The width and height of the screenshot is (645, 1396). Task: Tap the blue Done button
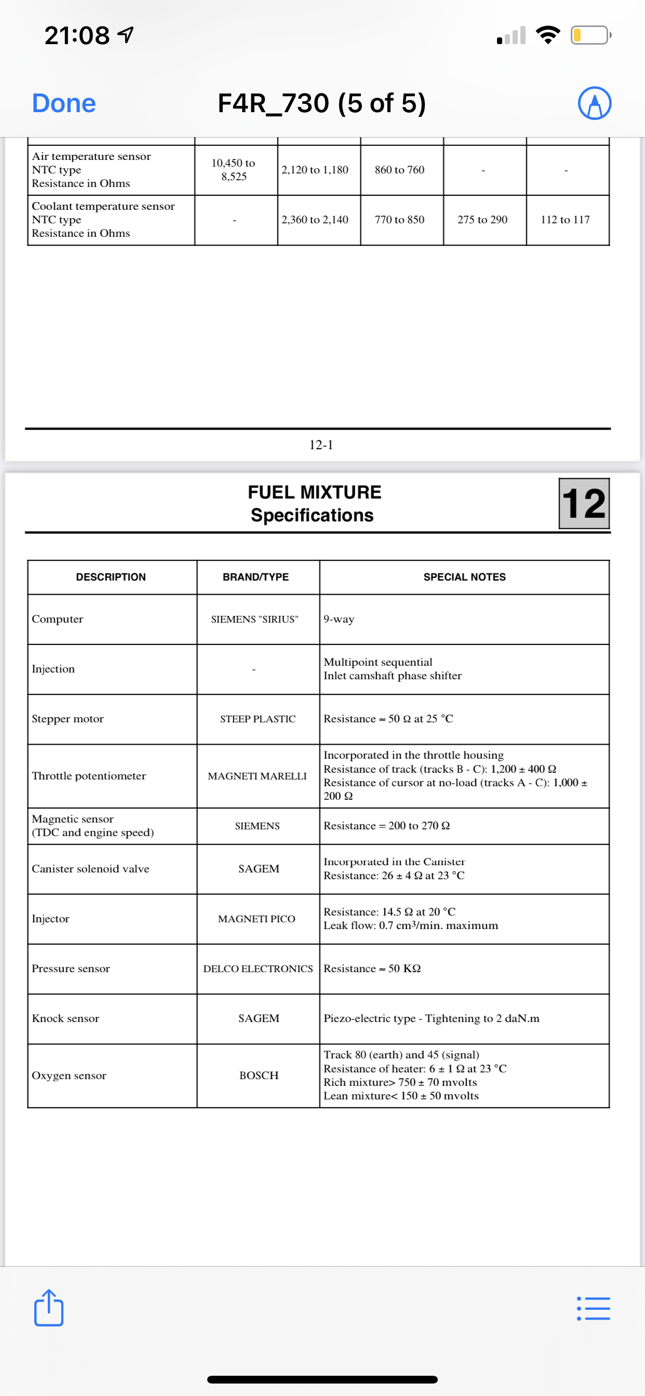pos(64,103)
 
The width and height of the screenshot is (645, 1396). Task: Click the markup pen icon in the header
pos(594,103)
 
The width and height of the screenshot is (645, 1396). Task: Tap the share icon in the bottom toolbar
pos(49,1308)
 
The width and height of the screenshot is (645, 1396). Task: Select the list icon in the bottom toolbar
pos(594,1308)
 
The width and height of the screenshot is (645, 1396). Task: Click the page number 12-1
pos(321,445)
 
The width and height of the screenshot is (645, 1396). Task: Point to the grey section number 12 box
pos(584,503)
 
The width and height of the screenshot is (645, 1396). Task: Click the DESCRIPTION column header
pos(111,577)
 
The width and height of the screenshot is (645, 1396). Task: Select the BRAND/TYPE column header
pos(256,577)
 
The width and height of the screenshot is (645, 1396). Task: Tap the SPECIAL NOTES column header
pos(464,577)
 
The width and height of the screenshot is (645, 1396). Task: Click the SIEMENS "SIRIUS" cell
pos(255,619)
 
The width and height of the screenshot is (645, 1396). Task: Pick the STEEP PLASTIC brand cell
pos(258,719)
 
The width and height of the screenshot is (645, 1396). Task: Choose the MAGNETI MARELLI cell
pos(258,776)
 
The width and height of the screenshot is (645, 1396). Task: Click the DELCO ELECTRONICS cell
pos(258,969)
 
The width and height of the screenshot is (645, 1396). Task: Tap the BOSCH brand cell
pos(259,1076)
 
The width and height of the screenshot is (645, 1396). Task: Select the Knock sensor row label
pos(65,1019)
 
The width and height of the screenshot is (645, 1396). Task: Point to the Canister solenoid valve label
pos(90,869)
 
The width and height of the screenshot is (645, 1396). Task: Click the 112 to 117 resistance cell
pos(566,220)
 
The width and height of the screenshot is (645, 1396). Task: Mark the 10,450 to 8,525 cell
pos(234,170)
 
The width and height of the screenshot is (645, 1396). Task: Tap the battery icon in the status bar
pos(590,35)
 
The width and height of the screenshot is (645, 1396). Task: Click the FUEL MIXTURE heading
pos(314,492)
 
